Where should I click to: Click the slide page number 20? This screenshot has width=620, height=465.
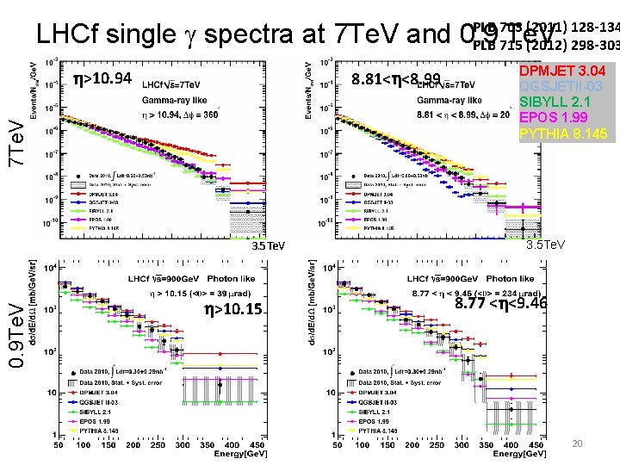pos(578,443)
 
